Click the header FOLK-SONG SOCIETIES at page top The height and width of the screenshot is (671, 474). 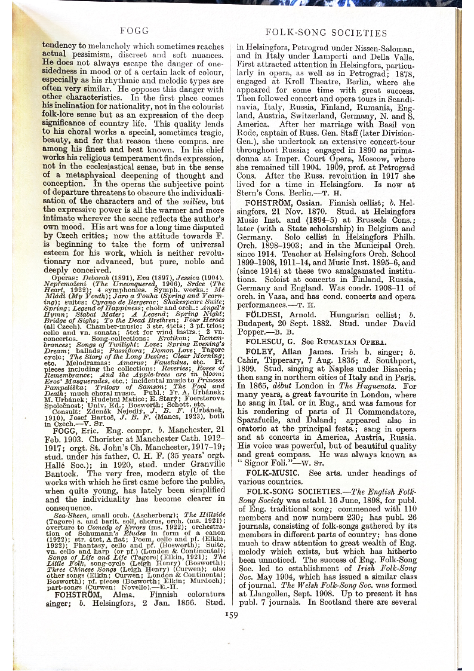pyautogui.click(x=326, y=33)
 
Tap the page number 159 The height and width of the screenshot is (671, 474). pyautogui.click(x=231, y=614)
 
